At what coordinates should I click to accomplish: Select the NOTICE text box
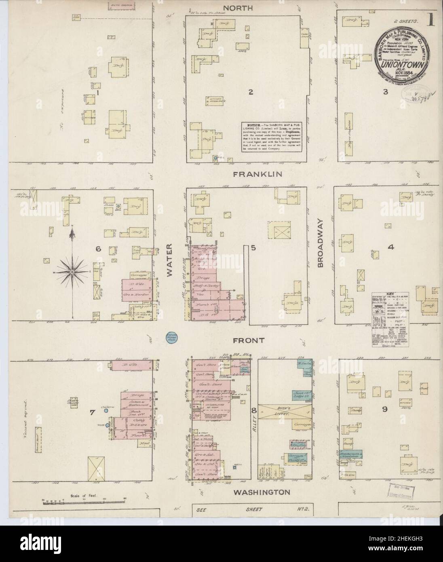[x=272, y=137]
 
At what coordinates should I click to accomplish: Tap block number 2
[x=251, y=92]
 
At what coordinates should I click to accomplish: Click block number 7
[x=92, y=412]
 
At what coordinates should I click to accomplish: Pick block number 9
[x=385, y=409]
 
